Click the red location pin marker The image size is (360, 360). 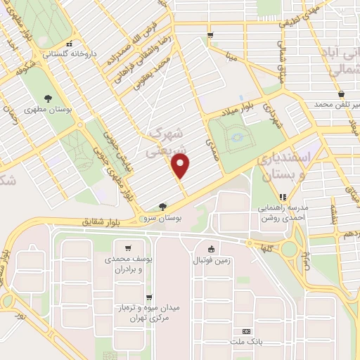[x=181, y=167]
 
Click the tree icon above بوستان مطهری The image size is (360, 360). [x=48, y=98]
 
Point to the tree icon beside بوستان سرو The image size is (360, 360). [x=163, y=207]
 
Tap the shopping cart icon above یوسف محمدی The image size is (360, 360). [x=127, y=247]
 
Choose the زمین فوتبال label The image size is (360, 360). [x=211, y=260]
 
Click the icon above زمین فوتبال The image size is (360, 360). [x=211, y=248]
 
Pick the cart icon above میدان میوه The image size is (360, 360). [x=148, y=297]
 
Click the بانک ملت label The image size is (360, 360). [x=245, y=342]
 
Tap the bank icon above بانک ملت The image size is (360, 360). [x=246, y=330]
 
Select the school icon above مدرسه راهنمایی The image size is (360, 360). [x=283, y=198]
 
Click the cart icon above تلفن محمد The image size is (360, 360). [x=341, y=93]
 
